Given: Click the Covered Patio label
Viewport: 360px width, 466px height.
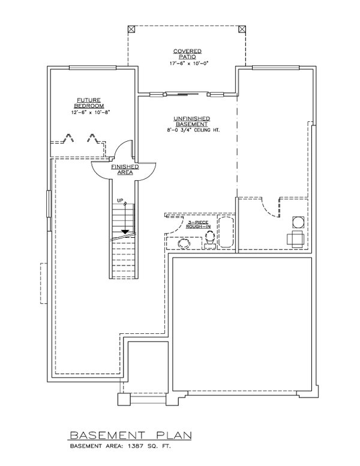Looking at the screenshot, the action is [187, 54].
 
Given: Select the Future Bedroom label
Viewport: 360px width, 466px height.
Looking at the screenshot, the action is [89, 103].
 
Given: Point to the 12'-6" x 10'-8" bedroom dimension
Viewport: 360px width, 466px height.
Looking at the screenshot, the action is [89, 112].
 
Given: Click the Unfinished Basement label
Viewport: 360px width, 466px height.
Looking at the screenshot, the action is [191, 121].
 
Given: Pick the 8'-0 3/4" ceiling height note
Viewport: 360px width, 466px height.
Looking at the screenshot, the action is [193, 130].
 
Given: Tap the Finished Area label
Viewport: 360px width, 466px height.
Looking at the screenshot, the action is [125, 170].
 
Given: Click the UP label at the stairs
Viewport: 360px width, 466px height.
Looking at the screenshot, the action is [120, 201].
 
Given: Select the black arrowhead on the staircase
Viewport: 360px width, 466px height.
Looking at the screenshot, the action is [125, 232].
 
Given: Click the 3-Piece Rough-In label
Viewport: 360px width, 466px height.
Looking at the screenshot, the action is [198, 225].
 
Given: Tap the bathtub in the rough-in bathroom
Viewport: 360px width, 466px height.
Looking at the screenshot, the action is [226, 232].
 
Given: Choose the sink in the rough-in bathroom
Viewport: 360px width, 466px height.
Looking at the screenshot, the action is [184, 243].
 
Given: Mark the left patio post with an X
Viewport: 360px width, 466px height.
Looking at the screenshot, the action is [131, 29].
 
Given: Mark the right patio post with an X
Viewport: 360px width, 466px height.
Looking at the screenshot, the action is [242, 29].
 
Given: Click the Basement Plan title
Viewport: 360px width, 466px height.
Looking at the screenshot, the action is [131, 435].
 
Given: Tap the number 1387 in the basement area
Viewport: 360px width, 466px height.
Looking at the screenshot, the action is [135, 446].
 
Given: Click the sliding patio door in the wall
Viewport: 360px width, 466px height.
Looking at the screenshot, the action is [186, 94].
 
